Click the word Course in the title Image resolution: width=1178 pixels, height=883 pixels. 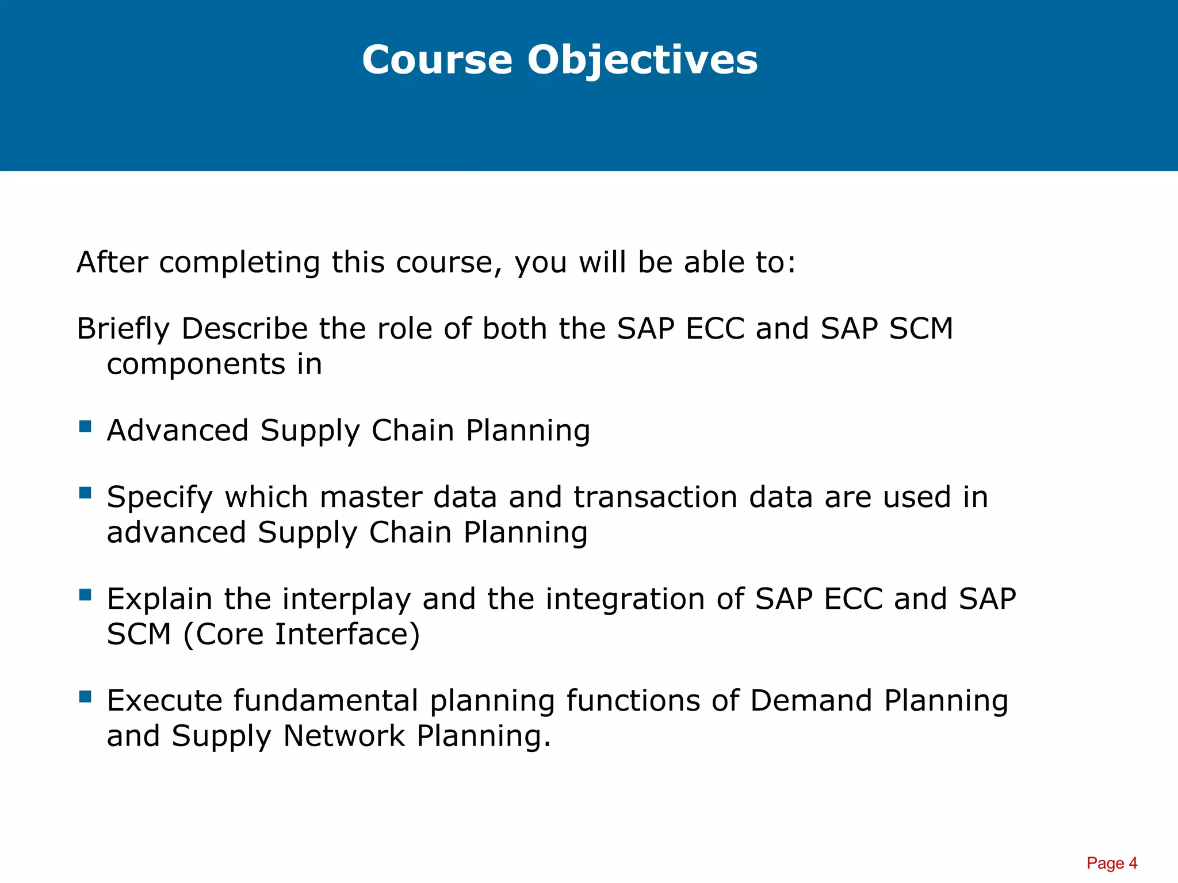[437, 60]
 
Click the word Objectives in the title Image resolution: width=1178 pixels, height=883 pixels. [642, 60]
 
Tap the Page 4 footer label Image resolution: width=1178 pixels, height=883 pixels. [1111, 863]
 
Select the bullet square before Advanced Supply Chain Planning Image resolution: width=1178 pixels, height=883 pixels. [86, 426]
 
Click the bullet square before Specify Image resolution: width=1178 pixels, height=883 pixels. [86, 493]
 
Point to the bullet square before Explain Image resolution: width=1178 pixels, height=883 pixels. [86, 594]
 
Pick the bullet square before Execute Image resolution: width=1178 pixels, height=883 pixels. [86, 697]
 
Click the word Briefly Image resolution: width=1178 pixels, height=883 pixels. [123, 329]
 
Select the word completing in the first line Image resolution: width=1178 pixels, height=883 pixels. [239, 263]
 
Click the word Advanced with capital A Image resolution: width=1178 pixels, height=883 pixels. [177, 431]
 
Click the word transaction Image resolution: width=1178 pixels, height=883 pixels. [655, 497]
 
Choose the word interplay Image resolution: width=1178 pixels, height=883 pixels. [346, 600]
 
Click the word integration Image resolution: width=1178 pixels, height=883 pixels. [625, 600]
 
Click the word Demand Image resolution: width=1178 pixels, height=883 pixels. [811, 701]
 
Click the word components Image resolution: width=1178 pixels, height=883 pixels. [196, 365]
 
